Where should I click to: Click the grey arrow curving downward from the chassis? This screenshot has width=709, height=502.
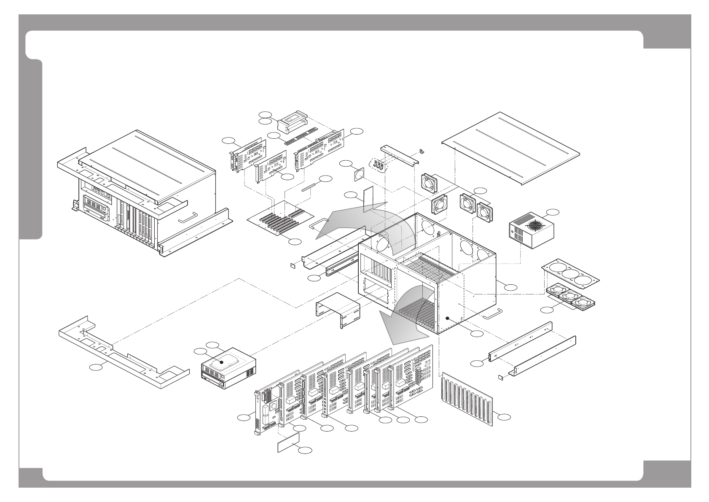(405, 321)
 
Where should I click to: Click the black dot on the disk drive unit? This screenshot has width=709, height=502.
(221, 362)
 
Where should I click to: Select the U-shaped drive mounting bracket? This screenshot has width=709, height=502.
(337, 310)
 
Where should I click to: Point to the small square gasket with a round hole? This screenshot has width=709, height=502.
(360, 174)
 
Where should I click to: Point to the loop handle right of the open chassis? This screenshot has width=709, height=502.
(492, 314)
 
